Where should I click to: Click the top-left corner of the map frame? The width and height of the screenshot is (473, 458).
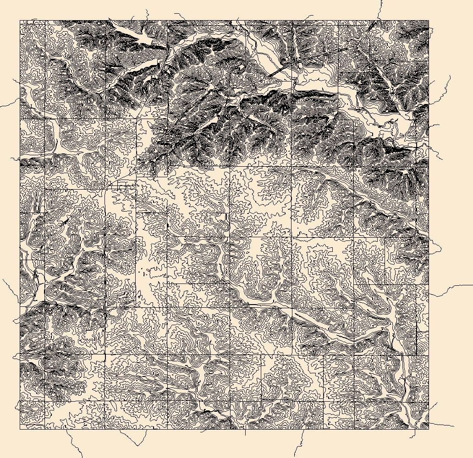point(20,21)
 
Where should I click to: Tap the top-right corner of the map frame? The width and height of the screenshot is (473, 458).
point(429,21)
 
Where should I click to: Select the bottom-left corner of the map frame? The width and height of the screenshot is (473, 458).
point(20,429)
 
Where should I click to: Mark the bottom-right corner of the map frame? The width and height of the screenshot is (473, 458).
point(429,429)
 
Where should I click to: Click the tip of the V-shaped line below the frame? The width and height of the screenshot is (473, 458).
point(138,445)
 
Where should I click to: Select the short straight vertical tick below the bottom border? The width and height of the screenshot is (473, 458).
point(245,432)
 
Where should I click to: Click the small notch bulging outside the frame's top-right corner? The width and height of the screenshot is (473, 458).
point(430,28)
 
